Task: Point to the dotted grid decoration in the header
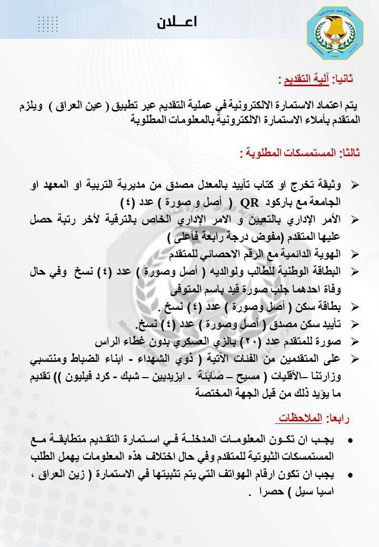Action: [48, 24]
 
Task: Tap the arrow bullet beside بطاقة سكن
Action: [354, 306]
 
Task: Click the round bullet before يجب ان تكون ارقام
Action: [351, 475]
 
